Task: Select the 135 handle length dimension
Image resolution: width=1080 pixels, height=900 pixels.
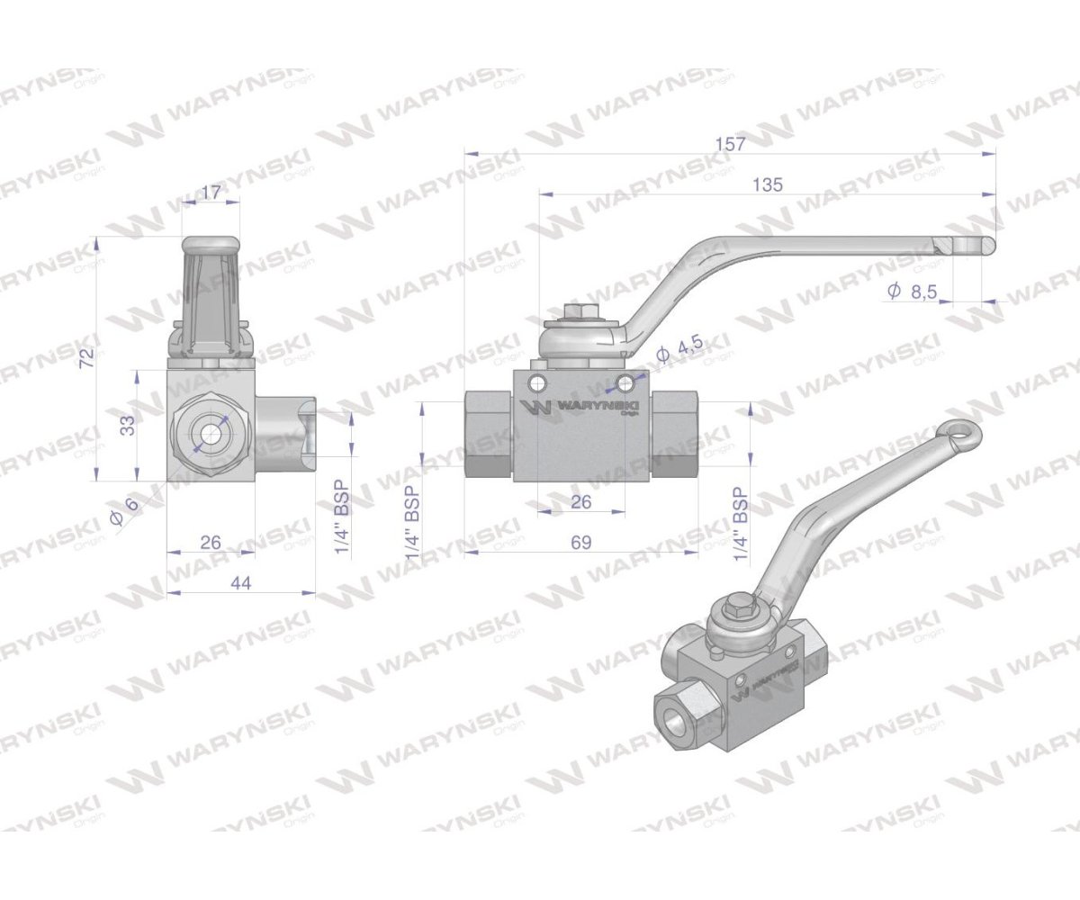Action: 768,184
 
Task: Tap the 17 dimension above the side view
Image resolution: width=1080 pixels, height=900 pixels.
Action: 211,192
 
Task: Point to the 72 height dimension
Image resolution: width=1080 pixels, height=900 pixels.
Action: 86,357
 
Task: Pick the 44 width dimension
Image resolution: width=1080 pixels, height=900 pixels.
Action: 240,583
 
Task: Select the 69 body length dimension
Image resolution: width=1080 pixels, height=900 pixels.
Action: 580,542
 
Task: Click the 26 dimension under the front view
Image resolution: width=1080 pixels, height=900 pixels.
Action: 581,501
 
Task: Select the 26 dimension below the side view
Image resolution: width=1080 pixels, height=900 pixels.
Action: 210,542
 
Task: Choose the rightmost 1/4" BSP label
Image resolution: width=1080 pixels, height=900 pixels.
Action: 741,526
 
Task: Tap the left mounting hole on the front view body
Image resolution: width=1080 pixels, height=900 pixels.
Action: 538,384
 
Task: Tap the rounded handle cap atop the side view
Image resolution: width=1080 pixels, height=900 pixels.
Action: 211,244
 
